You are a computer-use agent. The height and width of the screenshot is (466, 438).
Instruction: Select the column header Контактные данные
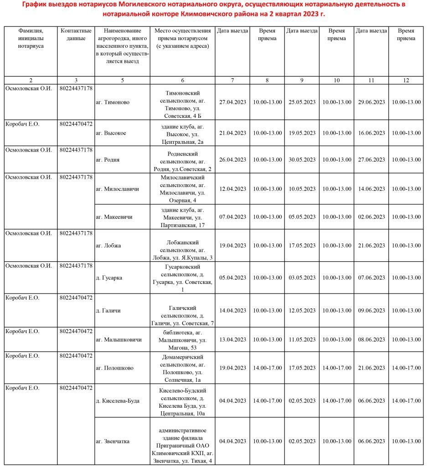pos(76,35)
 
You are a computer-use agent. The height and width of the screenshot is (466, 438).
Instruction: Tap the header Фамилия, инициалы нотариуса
pos(31,38)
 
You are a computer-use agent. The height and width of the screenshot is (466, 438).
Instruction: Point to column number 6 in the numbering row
pos(182,81)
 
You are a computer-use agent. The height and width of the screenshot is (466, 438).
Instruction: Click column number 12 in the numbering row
pos(406,81)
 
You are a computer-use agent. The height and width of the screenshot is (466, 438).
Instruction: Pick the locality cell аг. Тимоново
pos(113,102)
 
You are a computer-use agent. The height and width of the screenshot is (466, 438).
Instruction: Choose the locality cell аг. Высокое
pos(111,133)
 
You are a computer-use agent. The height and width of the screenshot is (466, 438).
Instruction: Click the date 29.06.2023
pos(371,102)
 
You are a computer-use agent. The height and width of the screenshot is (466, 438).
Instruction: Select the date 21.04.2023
pos(232,133)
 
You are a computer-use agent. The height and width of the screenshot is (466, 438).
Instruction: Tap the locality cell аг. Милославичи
pos(117,189)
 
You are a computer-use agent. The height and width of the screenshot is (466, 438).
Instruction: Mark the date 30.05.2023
pos(302,160)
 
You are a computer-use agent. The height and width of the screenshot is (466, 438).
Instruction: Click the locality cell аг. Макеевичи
pos(114,217)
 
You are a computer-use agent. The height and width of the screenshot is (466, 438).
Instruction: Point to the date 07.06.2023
pos(371,278)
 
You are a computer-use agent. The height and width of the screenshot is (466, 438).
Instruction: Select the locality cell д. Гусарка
pos(109,278)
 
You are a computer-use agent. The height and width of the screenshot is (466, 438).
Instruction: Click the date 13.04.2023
pos(232,339)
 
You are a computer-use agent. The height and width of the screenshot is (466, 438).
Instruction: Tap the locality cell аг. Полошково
pos(114,368)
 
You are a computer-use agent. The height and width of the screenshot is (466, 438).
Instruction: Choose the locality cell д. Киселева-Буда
pos(118,401)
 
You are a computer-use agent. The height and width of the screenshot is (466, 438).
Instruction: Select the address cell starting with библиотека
pos(182,339)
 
